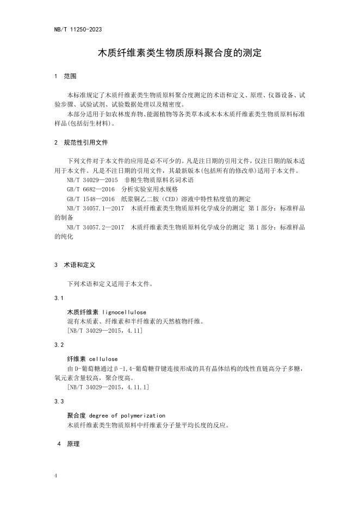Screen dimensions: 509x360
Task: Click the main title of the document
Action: (x=179, y=53)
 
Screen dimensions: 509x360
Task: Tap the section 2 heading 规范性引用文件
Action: (x=86, y=142)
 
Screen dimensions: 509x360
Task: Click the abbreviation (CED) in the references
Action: (x=184, y=198)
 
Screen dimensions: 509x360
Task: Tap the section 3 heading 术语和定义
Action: (x=80, y=265)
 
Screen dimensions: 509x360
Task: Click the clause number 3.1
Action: (x=59, y=298)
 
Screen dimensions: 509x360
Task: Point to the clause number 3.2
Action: (x=59, y=345)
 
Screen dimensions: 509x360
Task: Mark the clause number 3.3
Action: (x=59, y=401)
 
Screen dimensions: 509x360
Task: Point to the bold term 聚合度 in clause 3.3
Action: (x=76, y=415)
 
